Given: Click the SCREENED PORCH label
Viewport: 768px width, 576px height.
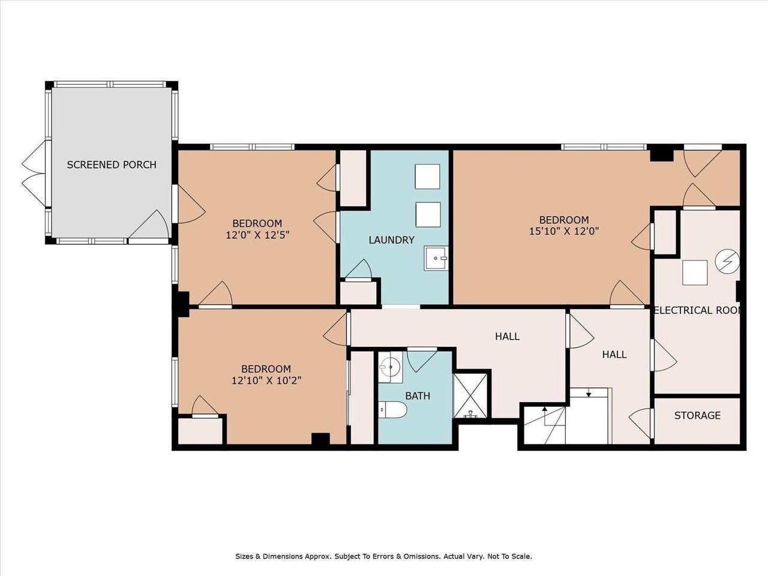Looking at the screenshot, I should point(112,164).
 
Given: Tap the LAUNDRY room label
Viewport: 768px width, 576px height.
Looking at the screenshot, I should point(391,240).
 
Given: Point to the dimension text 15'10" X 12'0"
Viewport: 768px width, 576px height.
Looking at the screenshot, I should point(563,230).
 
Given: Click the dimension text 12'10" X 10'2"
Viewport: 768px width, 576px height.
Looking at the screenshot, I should point(266,380).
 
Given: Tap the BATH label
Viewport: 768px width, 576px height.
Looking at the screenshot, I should point(418,396).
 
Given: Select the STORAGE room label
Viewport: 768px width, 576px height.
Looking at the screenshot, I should point(697,415).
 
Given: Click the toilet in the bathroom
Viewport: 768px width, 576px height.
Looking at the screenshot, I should point(394,410).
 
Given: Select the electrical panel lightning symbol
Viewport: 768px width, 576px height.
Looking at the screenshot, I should point(727,262).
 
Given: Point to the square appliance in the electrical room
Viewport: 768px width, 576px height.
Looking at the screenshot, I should point(695,272).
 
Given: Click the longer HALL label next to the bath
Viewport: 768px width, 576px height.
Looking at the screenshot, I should point(507,337).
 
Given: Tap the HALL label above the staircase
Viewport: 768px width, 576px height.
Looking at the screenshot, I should point(614,355).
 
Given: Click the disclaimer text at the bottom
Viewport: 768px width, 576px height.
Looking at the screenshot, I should point(383,556).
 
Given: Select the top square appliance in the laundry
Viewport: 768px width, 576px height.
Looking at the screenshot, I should point(428,176).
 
